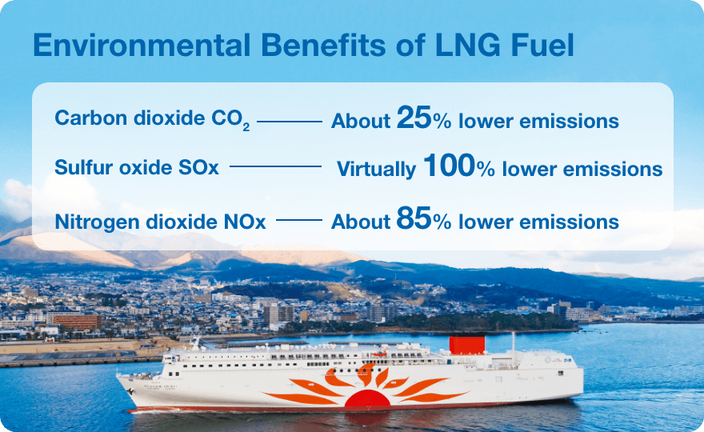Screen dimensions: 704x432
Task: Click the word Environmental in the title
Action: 142,45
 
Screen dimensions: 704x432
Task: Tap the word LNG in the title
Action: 468,45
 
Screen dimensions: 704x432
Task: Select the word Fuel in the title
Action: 542,45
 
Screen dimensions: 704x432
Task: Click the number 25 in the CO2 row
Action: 414,118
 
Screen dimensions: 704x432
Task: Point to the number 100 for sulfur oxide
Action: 449,165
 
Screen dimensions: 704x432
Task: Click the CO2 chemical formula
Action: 230,119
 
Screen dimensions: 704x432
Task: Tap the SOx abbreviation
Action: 198,167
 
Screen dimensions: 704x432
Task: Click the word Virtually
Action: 376,170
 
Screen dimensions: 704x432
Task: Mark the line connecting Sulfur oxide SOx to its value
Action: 276,166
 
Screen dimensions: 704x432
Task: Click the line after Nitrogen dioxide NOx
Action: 299,220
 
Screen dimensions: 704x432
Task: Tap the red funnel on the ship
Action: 467,345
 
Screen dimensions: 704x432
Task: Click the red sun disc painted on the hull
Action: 368,398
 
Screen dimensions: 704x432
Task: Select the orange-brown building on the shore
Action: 77,322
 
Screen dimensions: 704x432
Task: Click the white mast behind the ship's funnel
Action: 513,342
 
